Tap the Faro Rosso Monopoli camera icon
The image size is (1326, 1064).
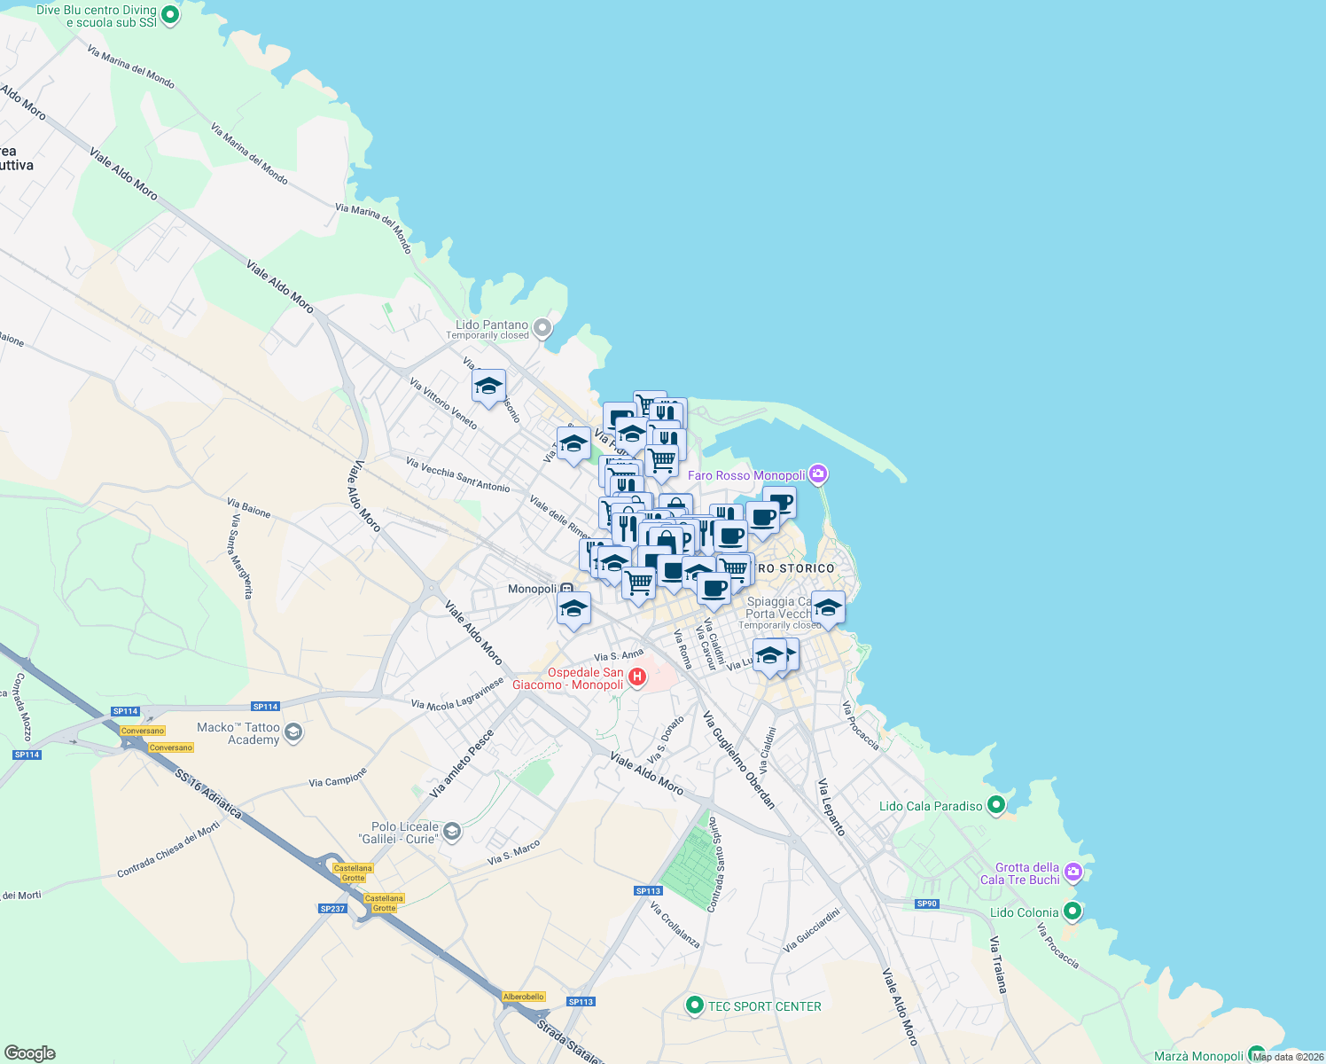click(x=818, y=474)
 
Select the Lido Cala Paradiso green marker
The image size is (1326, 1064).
click(x=996, y=805)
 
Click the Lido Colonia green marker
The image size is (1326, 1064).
click(x=1072, y=911)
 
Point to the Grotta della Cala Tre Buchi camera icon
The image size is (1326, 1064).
click(x=1073, y=872)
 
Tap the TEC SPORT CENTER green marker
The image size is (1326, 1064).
click(x=694, y=1005)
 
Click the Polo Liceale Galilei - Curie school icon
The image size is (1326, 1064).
click(x=452, y=832)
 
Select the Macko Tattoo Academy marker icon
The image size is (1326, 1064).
click(x=294, y=732)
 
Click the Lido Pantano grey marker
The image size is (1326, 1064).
click(x=542, y=329)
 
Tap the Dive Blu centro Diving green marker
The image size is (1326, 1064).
click(x=171, y=15)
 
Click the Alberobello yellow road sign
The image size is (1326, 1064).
click(x=523, y=997)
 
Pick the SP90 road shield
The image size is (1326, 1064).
click(x=926, y=904)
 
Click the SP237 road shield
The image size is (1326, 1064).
click(x=332, y=908)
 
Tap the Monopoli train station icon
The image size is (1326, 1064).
click(x=566, y=589)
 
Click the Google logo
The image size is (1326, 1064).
click(x=29, y=1053)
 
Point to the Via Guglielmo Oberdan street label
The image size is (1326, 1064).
click(x=740, y=761)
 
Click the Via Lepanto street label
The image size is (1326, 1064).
click(x=831, y=807)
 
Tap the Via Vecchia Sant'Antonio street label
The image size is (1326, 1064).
click(x=457, y=474)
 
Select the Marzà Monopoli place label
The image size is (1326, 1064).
click(x=1198, y=1056)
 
